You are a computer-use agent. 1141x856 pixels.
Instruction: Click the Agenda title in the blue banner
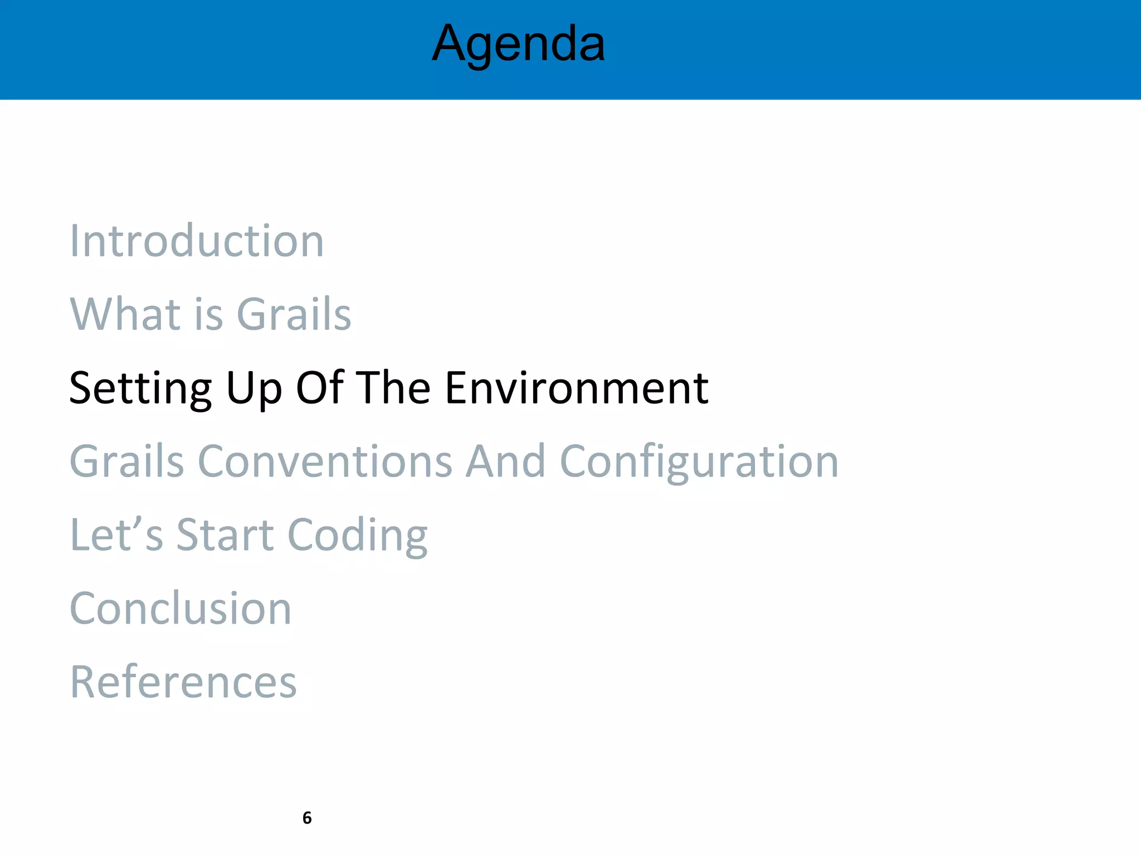point(518,45)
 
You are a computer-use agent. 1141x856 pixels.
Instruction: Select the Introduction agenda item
point(197,241)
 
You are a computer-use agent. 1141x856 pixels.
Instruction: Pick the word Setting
point(140,389)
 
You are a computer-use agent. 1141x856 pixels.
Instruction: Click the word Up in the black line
point(253,389)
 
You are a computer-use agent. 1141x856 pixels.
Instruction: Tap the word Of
point(319,388)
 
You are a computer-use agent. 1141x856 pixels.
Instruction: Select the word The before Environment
point(393,388)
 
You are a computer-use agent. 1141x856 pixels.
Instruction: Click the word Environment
point(577,388)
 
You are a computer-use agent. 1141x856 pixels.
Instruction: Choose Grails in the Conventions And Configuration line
point(126,461)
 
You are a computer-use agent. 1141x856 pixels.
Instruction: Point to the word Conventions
point(325,461)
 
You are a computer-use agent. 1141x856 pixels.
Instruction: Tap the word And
point(505,461)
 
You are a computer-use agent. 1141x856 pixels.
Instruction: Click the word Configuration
point(699,463)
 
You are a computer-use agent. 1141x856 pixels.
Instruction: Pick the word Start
point(225,535)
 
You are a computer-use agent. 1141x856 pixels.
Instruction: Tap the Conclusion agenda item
point(181,609)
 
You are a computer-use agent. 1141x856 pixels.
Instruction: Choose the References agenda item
point(183,682)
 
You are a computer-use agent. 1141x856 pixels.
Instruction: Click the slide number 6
point(307,818)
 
